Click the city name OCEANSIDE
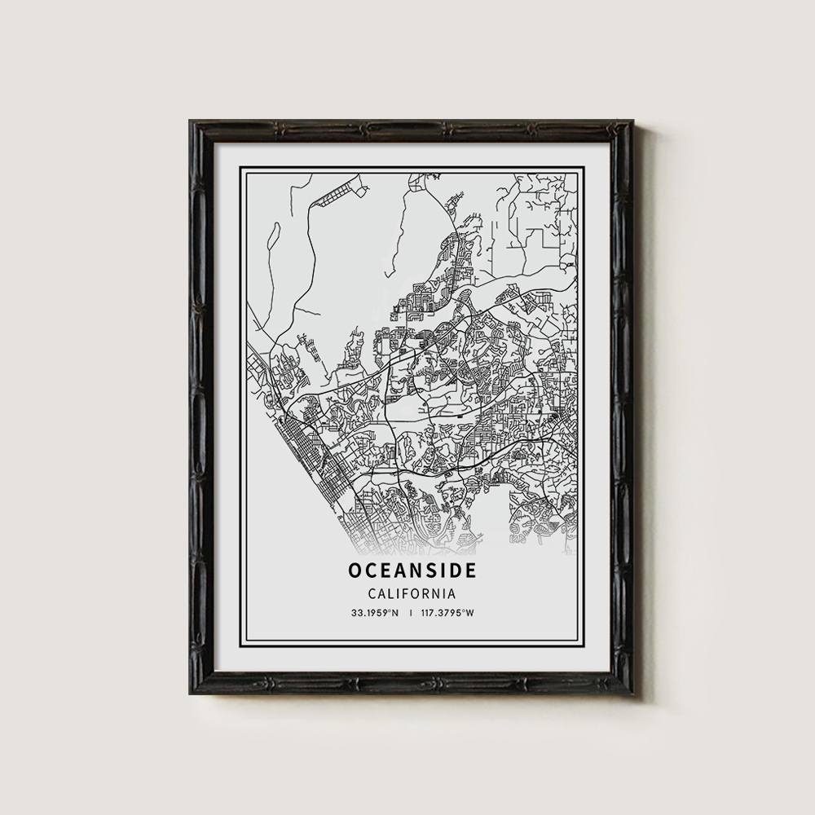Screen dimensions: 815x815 411,570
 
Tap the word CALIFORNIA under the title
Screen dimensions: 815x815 411,594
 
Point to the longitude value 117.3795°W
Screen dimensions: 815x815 449,612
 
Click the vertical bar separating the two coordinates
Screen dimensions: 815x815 411,612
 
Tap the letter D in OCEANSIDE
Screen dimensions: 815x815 455,570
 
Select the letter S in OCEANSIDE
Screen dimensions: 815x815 427,570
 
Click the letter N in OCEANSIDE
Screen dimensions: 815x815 412,570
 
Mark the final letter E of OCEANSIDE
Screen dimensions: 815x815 470,570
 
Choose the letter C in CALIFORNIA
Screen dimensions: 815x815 372,594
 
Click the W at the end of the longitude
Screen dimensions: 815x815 470,612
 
